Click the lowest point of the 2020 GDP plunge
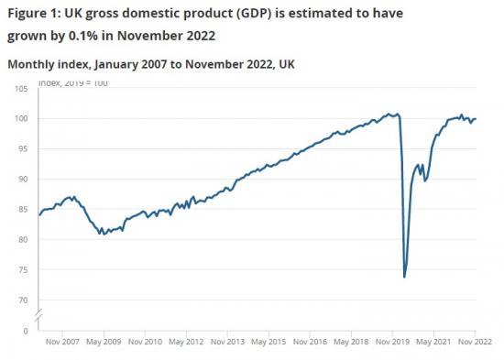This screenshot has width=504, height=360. (x=404, y=276)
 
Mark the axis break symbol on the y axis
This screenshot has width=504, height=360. (x=38, y=316)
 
